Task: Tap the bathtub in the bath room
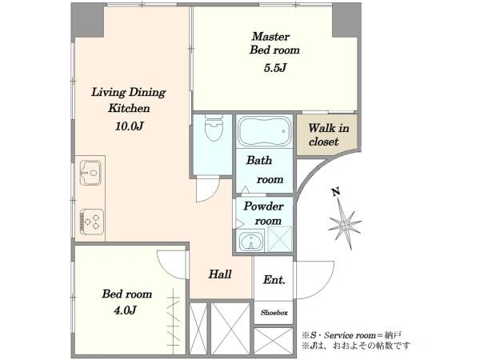coord(265,132)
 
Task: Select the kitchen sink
coord(90,173)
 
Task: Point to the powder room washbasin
coord(251,241)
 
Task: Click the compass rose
coord(345,225)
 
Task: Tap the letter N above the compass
coord(336,192)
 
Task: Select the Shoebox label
coord(274,313)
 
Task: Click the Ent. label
coord(274,279)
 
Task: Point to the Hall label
coord(220,274)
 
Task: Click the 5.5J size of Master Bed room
coord(275,68)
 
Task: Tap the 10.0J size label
coord(129,126)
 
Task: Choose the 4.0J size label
coord(125,310)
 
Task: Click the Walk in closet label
coord(329,134)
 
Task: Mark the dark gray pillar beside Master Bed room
coord(346,21)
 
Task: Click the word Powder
coord(263,206)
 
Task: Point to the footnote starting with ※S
coord(351,335)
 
